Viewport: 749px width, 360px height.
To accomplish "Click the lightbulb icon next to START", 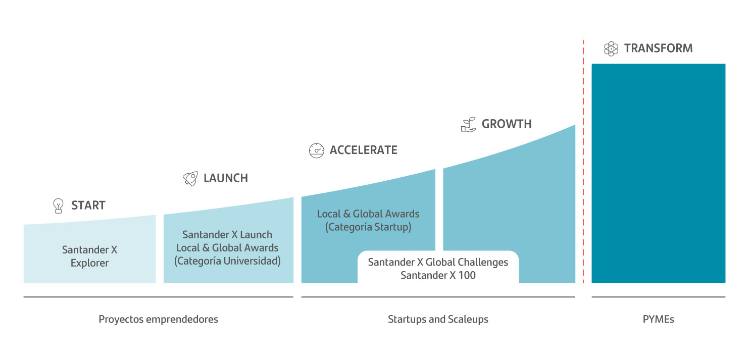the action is [58, 206].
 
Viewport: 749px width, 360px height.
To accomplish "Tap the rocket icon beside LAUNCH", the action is [190, 179].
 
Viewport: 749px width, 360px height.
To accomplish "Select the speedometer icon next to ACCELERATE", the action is [316, 150].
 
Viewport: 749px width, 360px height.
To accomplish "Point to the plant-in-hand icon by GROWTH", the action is [469, 125].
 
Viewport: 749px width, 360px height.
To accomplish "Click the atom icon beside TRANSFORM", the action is [611, 49].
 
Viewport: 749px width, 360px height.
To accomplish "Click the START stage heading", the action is [88, 205].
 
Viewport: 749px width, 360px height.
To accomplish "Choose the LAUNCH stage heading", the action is [226, 178].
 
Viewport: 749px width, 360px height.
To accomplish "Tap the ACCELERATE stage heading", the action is [364, 150].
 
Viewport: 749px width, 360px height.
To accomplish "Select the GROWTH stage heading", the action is [507, 124].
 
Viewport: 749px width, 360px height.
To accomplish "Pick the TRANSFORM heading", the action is [659, 48].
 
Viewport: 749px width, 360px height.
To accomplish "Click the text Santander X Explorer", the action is [89, 256].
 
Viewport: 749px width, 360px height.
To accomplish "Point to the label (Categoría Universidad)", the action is [227, 261].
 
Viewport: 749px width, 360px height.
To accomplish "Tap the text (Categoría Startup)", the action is [368, 227].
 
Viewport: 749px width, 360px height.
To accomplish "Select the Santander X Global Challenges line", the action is [438, 263].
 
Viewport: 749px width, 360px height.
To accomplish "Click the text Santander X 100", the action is [438, 276].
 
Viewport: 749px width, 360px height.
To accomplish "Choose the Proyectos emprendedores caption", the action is [158, 319].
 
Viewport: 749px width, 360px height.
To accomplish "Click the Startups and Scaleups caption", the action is [438, 319].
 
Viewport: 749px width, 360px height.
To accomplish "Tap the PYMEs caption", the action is [659, 319].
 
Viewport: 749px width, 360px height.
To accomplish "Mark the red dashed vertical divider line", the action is [584, 162].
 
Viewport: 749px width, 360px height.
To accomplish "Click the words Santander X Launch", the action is [227, 235].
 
